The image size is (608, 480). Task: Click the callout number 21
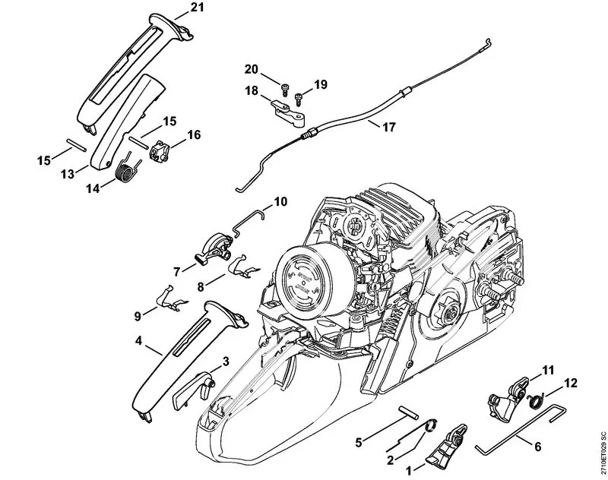click(198, 8)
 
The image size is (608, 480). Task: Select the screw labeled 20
click(283, 87)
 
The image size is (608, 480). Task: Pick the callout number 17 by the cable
click(389, 127)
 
